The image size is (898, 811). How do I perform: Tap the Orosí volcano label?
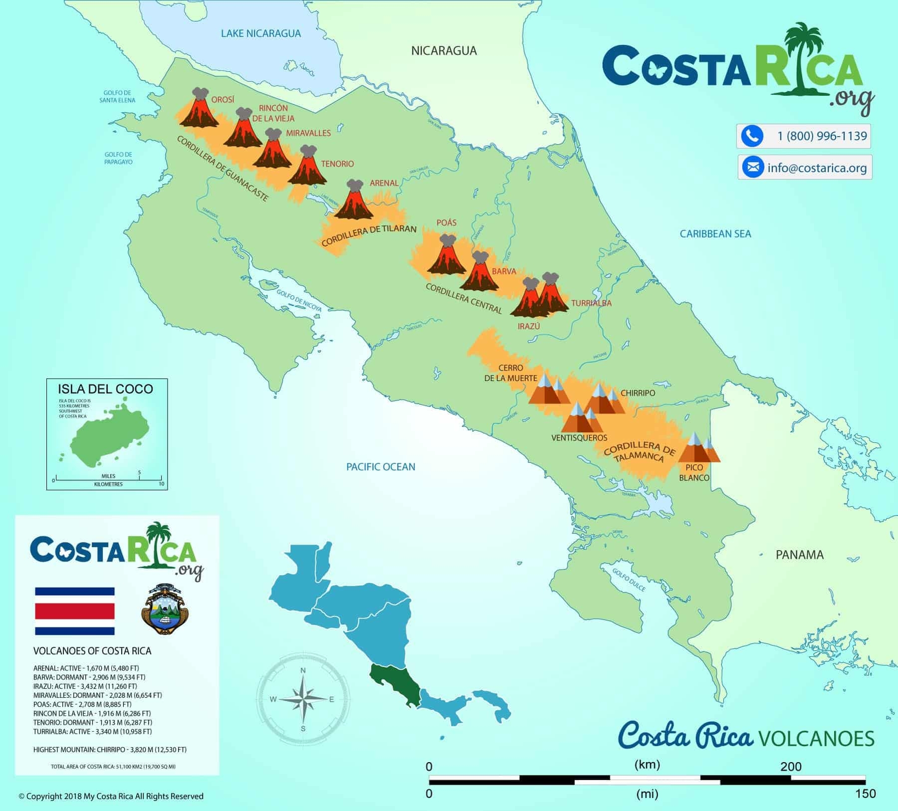(x=223, y=100)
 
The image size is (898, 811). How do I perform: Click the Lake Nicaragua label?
(x=261, y=33)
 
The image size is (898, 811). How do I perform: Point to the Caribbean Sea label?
(x=715, y=233)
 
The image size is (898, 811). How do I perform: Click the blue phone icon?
(x=752, y=136)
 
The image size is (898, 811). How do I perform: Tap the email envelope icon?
(x=753, y=167)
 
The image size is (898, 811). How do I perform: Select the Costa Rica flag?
(x=75, y=611)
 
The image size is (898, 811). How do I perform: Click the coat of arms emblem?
(x=164, y=609)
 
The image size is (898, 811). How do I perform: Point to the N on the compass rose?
(x=303, y=671)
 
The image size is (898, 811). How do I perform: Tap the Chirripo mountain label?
(x=638, y=393)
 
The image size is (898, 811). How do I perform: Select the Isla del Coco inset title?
(x=105, y=389)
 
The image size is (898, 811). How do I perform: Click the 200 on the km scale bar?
(x=791, y=767)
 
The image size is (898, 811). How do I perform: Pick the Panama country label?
(x=799, y=555)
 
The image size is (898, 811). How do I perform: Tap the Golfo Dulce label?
(x=630, y=580)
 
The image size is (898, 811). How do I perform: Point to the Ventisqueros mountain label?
(x=579, y=438)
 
